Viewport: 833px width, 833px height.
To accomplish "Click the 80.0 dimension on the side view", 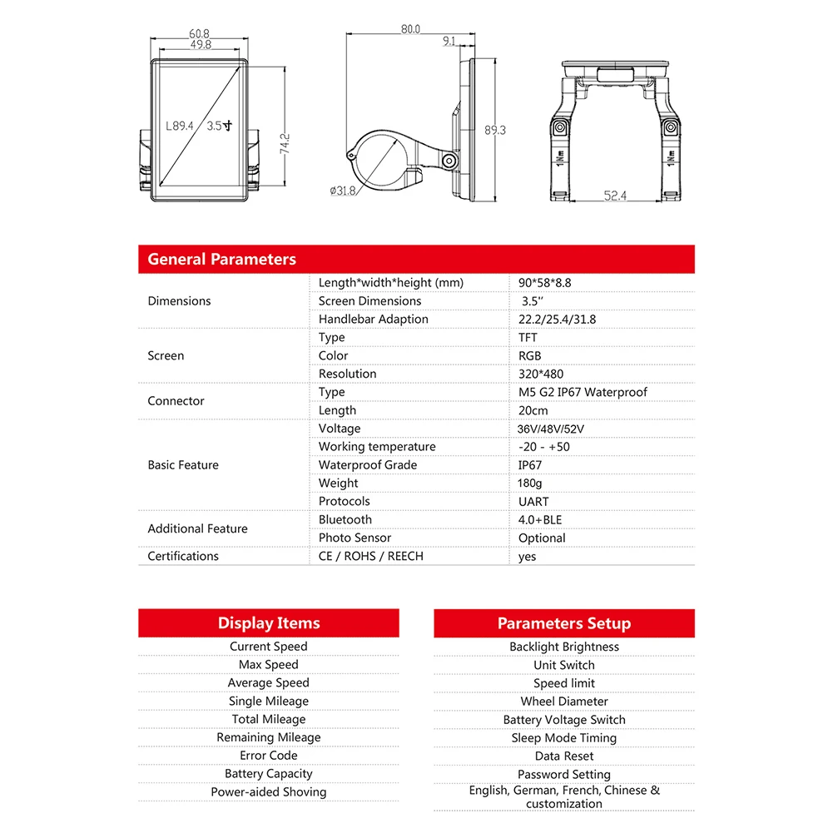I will click(410, 28).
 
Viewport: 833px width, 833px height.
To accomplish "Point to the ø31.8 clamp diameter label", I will click(343, 191).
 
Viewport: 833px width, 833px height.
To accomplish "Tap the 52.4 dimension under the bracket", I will click(615, 196).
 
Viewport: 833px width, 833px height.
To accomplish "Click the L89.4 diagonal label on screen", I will click(179, 126).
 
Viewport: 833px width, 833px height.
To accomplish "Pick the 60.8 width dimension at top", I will click(200, 34).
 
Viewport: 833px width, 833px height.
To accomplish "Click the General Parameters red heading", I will click(221, 259).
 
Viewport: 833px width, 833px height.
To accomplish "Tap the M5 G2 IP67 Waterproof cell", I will click(583, 392).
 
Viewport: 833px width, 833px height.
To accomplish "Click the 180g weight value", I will click(531, 483).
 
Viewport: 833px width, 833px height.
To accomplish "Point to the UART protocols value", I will click(533, 501).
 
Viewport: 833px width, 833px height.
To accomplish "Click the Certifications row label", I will click(183, 556).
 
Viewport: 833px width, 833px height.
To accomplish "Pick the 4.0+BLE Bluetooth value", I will click(540, 519).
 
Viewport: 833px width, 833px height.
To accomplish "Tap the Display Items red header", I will click(269, 623).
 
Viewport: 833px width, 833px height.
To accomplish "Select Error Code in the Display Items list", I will click(269, 756).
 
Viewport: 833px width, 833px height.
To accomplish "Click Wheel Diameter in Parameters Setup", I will click(564, 702).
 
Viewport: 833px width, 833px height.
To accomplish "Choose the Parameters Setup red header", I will click(564, 623).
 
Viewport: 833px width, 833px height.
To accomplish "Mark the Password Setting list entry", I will click(564, 774).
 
